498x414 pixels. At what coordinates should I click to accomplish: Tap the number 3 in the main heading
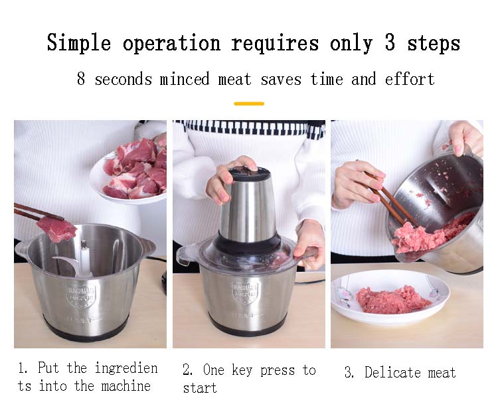click(x=390, y=42)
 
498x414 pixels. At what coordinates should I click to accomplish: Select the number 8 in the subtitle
click(x=81, y=78)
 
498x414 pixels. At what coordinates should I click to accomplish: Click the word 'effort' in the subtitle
click(x=410, y=78)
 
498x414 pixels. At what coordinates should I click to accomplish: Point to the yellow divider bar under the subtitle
click(x=249, y=103)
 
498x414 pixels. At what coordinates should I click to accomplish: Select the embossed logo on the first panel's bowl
click(x=80, y=295)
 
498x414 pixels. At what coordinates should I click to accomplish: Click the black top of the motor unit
click(x=250, y=173)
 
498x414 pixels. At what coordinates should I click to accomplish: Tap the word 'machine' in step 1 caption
click(x=125, y=386)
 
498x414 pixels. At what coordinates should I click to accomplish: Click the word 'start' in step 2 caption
click(x=200, y=387)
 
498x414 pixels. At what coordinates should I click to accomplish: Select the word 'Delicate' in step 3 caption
click(x=392, y=372)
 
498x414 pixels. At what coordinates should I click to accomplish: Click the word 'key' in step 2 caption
click(x=242, y=370)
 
